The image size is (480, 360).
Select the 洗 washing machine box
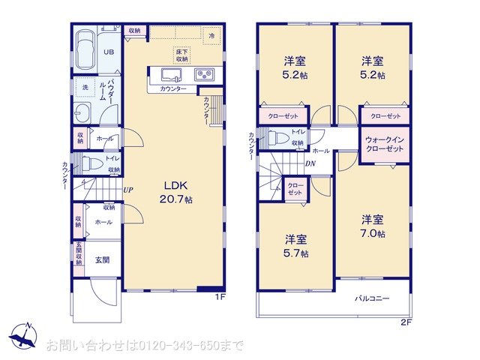tap(85, 87)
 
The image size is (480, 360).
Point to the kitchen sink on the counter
tap(169, 75)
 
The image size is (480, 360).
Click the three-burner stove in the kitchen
tap(204, 74)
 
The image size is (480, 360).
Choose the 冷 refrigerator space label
tap(212, 35)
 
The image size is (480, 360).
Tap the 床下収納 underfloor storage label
tap(182, 53)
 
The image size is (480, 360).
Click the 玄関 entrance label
tap(102, 259)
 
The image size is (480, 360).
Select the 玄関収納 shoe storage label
tap(78, 253)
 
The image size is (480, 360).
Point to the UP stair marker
tap(129, 190)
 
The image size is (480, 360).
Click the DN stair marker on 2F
tap(310, 163)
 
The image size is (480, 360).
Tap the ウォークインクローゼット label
tap(385, 144)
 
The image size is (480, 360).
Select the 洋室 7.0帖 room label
tap(373, 226)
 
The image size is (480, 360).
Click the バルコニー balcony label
tap(373, 299)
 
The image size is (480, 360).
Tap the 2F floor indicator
tap(406, 323)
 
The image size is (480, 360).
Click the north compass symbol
tap(24, 335)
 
